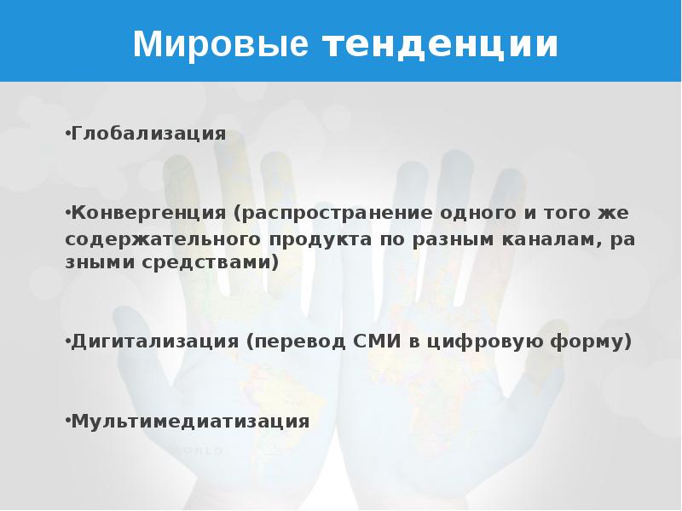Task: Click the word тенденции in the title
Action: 440,44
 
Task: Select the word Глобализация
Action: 148,134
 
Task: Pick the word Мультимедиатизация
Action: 189,421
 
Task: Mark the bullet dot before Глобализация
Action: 67,135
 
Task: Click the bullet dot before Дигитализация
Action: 67,342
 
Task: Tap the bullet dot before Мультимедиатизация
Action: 67,422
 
